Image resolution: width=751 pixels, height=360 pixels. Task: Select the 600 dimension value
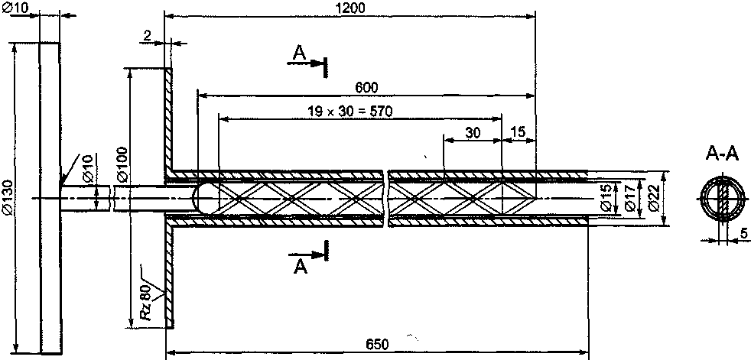tap(366, 87)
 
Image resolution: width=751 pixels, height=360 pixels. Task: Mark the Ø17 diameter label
tap(629, 196)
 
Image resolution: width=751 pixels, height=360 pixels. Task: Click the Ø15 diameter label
tap(606, 197)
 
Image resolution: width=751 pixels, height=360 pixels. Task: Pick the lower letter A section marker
tap(302, 264)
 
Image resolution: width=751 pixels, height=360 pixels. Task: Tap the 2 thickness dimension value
tap(145, 35)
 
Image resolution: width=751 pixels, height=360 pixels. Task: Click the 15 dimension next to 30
tap(518, 132)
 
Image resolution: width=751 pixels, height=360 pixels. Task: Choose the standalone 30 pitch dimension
tap(473, 132)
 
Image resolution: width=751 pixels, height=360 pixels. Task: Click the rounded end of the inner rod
tap(200, 196)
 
